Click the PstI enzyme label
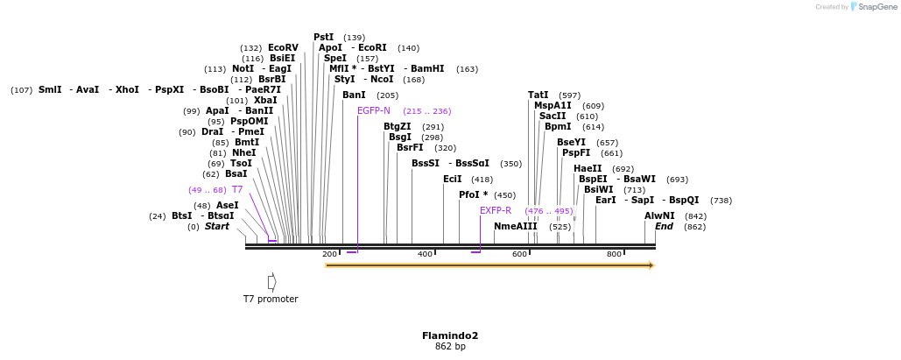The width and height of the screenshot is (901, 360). (x=323, y=37)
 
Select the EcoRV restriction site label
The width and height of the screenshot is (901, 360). (x=283, y=48)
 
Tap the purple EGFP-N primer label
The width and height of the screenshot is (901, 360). (x=374, y=110)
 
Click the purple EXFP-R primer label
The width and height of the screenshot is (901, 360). (x=496, y=210)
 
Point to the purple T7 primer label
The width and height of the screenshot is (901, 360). (x=237, y=189)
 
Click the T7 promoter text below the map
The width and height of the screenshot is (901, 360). (x=271, y=300)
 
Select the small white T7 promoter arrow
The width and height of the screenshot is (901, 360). (x=272, y=282)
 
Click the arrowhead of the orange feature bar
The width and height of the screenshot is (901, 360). (x=651, y=265)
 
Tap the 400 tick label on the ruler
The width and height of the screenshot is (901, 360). (x=425, y=254)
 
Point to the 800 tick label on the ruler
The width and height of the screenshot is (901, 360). (x=614, y=254)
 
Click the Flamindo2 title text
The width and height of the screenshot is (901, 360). (x=450, y=335)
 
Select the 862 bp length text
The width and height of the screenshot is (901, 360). (x=450, y=347)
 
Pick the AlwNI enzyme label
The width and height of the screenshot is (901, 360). (x=659, y=215)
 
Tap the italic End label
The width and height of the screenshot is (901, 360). (x=664, y=226)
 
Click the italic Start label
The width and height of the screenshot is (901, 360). (x=217, y=226)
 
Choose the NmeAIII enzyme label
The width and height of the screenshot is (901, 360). (x=516, y=226)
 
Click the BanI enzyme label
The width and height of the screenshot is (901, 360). (x=354, y=95)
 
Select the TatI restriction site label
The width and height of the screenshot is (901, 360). (x=538, y=95)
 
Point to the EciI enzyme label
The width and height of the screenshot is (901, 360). (x=452, y=179)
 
